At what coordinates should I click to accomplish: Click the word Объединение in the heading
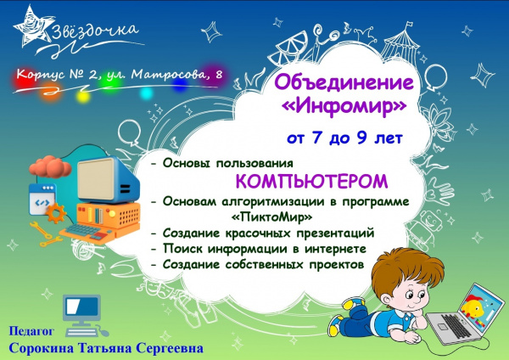point(344,83)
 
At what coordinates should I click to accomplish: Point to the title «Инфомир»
point(344,106)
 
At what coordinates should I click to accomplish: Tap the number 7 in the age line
point(317,138)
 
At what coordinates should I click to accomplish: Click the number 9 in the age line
point(362,138)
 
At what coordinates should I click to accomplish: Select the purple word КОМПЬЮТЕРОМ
point(311,182)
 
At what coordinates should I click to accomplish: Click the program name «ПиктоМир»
point(272,217)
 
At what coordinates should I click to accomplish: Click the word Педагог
point(31,331)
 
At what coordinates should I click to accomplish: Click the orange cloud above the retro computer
point(50,166)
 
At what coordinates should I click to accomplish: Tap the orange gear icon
point(55,213)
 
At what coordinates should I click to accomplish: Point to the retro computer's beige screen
point(96,178)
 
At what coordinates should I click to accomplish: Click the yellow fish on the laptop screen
point(473,307)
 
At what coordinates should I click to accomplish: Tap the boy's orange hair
point(408,267)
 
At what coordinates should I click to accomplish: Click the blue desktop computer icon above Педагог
point(84,316)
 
